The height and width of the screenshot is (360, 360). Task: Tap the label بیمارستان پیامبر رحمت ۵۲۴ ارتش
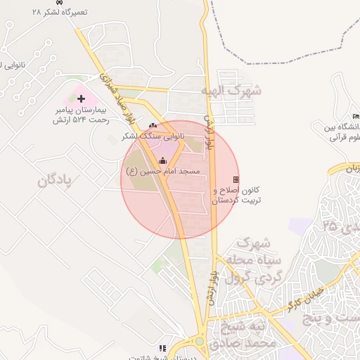[x=82, y=115]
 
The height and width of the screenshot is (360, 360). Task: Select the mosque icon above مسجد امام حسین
[x=163, y=161]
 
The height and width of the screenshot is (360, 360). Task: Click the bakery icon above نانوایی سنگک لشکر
[x=153, y=125]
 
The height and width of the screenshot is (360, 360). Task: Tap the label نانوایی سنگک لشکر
[x=153, y=135]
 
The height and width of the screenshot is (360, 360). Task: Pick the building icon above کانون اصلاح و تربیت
[x=236, y=180]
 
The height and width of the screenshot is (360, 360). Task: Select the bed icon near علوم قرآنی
[x=356, y=117]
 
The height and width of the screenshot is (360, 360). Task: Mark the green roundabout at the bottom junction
[x=200, y=342]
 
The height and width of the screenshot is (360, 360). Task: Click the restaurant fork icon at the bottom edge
[x=162, y=349]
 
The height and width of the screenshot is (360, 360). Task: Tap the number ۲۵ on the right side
[x=330, y=226]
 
